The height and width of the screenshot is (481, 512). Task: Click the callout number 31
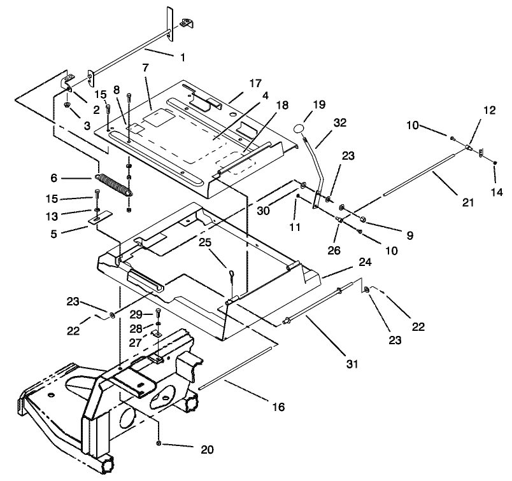tap(352, 365)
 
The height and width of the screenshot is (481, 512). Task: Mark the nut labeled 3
tap(68, 104)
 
